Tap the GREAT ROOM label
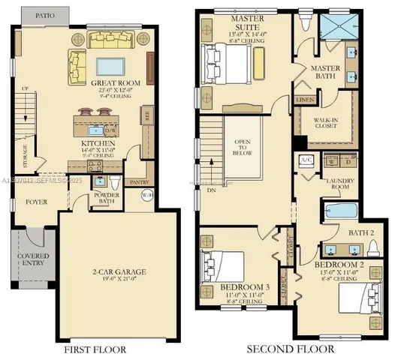pos(113,83)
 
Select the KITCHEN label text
pos(98,142)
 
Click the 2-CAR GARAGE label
pos(119,271)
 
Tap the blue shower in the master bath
pos(339,29)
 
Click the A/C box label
pos(306,160)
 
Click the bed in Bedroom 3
pos(222,266)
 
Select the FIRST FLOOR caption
pos(96,349)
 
